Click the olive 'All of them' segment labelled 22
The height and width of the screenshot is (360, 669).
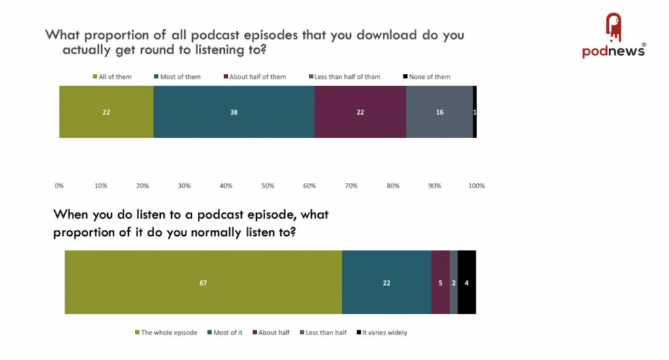pyautogui.click(x=106, y=112)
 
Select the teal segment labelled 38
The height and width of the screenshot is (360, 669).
pyautogui.click(x=233, y=112)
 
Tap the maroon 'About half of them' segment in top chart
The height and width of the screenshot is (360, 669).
pyautogui.click(x=360, y=112)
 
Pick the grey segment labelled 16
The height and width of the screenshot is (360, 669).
pyautogui.click(x=439, y=112)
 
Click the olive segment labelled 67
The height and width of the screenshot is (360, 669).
pyautogui.click(x=203, y=283)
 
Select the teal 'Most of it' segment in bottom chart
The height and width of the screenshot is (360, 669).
pyautogui.click(x=386, y=283)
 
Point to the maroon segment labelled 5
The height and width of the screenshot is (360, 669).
pyautogui.click(x=440, y=283)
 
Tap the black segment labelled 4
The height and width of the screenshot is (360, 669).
pyautogui.click(x=466, y=283)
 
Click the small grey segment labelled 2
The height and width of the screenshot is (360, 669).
pyautogui.click(x=453, y=283)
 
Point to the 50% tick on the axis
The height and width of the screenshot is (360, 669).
pyautogui.click(x=268, y=186)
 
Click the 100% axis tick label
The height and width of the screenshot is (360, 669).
pyautogui.click(x=476, y=186)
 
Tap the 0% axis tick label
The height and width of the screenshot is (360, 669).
pyautogui.click(x=59, y=186)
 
